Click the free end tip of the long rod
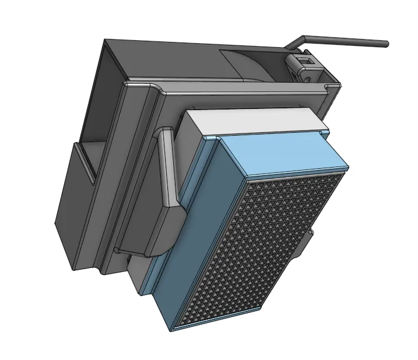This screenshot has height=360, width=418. (385, 44)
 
